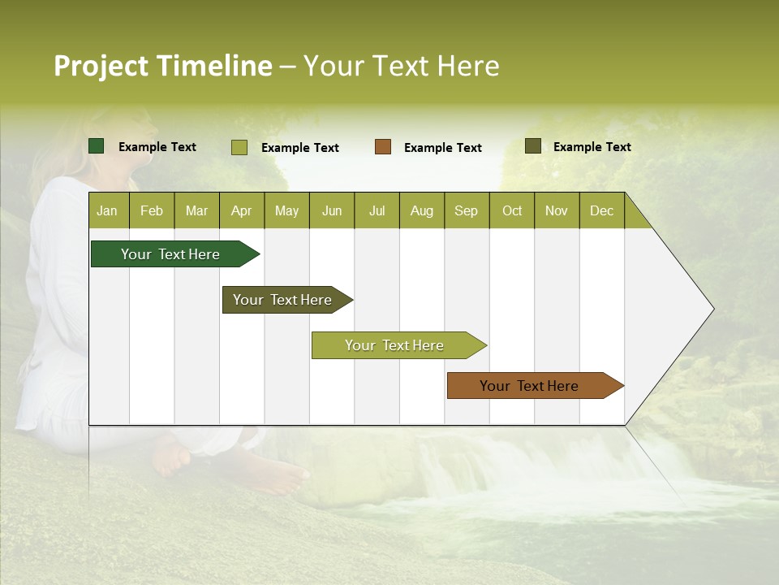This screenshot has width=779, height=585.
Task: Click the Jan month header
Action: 107,210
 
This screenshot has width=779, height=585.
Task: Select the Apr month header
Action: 242,210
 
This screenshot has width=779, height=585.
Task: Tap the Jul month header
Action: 377,210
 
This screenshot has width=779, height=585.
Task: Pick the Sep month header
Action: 466,210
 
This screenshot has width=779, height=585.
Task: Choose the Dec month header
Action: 601,210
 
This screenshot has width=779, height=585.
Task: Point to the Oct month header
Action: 512,210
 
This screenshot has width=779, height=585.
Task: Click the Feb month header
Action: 152,210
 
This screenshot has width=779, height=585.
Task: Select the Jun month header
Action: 332,210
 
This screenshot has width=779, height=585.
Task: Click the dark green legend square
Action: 97,146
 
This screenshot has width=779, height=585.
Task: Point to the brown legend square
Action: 383,147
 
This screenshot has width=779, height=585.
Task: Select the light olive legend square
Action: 239,147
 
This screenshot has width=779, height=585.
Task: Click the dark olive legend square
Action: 533,146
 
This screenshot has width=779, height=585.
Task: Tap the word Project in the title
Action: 101,66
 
